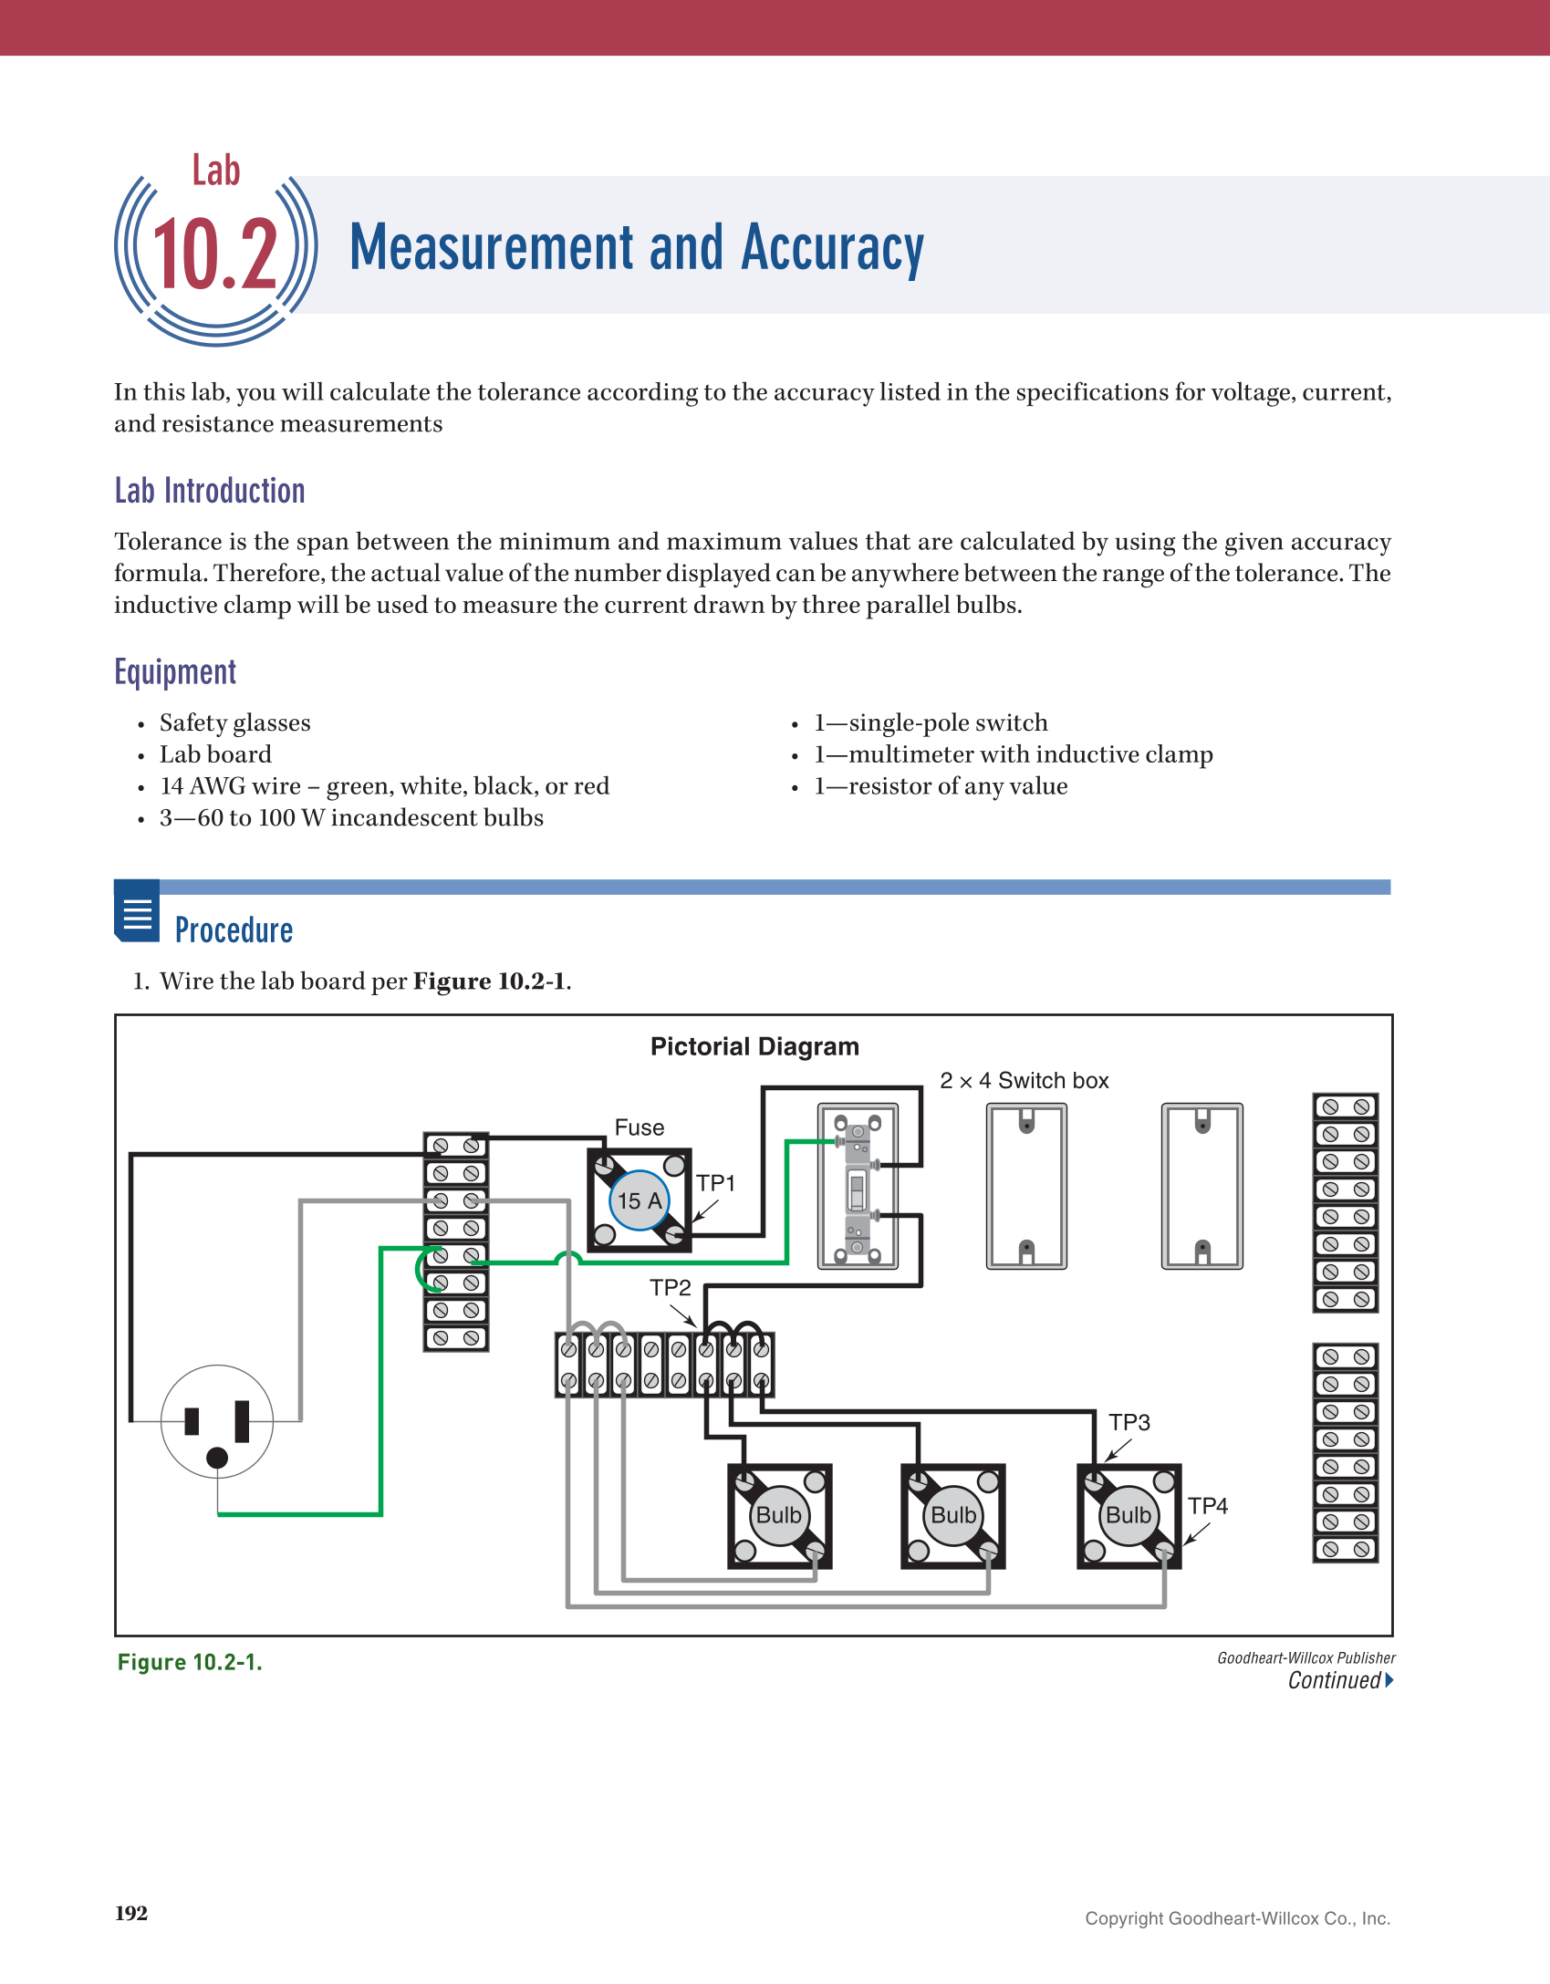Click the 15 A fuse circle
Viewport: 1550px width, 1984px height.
point(640,1200)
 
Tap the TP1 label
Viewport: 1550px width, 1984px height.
point(715,1183)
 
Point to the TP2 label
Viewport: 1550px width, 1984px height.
point(670,1288)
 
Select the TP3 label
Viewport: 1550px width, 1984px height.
point(1129,1422)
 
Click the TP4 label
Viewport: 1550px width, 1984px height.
point(1207,1506)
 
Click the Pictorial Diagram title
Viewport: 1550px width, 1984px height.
point(754,1046)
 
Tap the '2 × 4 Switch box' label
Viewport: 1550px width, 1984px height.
point(1024,1081)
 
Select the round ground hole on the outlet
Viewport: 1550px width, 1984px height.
point(217,1458)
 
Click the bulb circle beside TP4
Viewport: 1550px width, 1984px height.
point(1129,1515)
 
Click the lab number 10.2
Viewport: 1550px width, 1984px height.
point(215,255)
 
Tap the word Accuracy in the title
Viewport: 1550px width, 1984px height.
point(832,248)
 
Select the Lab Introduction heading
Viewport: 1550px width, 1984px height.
point(210,491)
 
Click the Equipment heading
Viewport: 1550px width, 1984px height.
point(175,672)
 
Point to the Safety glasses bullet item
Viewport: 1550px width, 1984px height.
point(234,723)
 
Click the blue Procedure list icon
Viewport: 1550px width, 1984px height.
point(137,911)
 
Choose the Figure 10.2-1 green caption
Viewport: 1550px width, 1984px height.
point(190,1662)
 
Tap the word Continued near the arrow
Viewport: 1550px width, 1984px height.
point(1334,1680)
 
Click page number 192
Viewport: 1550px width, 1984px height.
point(131,1913)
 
